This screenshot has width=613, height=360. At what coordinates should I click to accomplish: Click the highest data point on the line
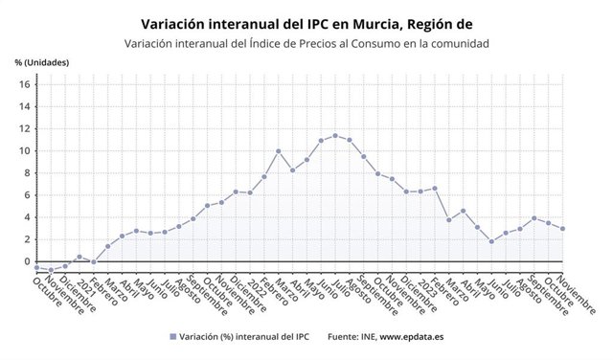pyautogui.click(x=335, y=136)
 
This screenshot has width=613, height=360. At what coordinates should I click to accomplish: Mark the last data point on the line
pyautogui.click(x=562, y=228)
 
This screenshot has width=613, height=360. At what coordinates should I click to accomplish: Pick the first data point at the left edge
pyautogui.click(x=36, y=268)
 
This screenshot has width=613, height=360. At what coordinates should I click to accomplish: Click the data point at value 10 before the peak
pyautogui.click(x=279, y=151)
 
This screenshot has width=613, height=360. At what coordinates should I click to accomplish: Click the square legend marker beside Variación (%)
pyautogui.click(x=172, y=337)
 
